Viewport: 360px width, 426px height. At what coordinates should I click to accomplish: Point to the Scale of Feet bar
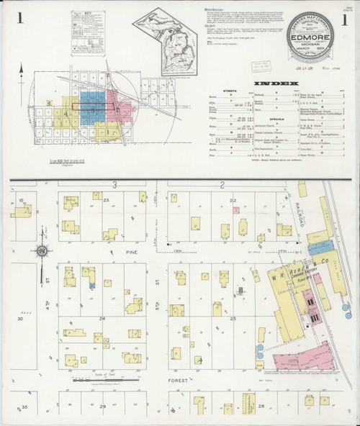click(x=105, y=379)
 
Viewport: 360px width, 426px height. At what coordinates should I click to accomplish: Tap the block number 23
click(x=106, y=198)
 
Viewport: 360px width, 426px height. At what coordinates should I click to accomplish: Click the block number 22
click(x=233, y=199)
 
